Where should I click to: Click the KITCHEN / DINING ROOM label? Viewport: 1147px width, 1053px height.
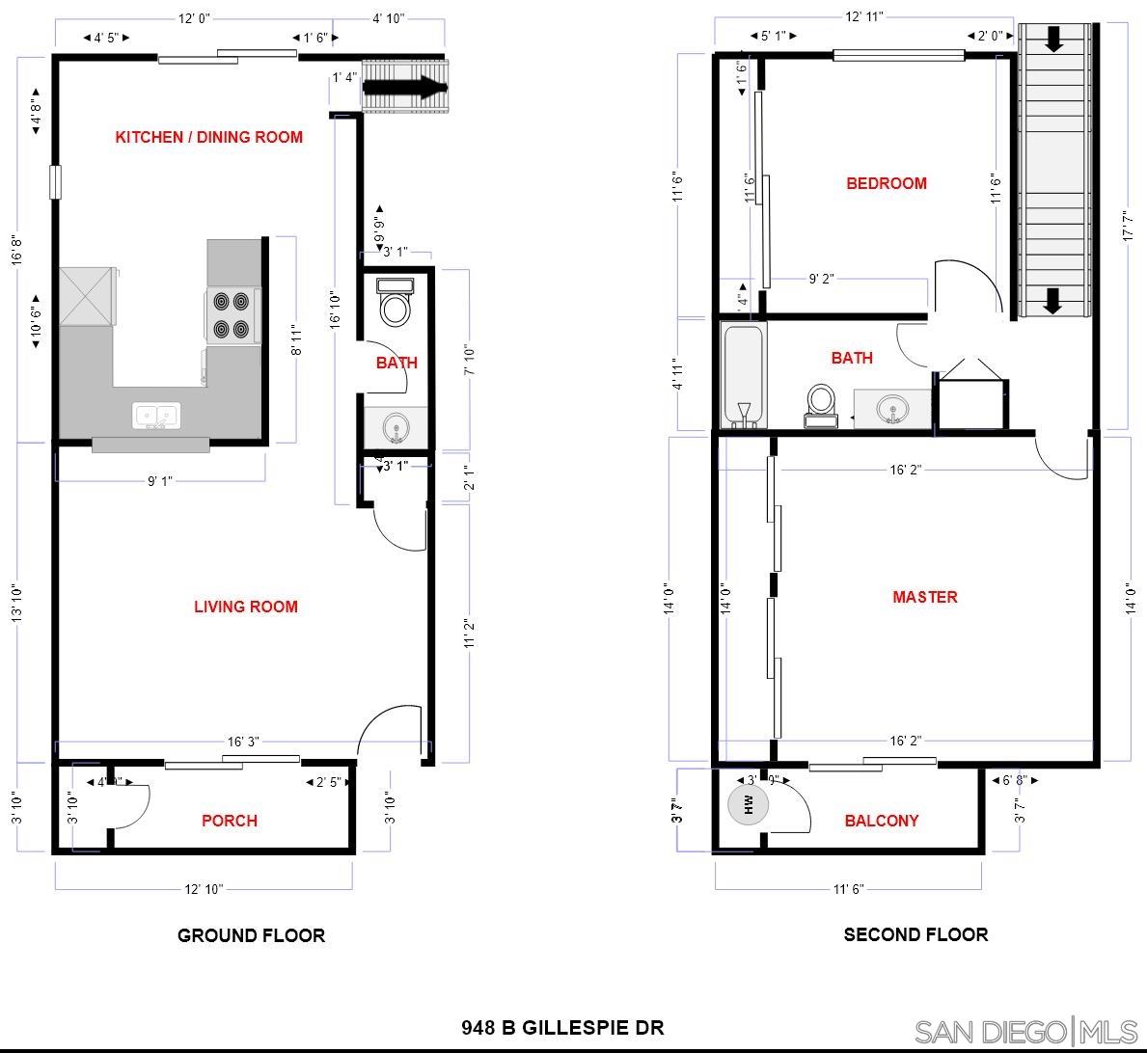(x=208, y=137)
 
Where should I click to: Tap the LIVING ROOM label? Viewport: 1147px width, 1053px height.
(x=246, y=607)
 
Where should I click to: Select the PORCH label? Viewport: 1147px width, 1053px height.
(x=230, y=821)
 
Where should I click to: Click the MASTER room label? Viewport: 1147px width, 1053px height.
(x=924, y=597)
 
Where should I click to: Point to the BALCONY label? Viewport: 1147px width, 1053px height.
(x=881, y=821)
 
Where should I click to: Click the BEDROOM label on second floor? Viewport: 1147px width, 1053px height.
(x=886, y=183)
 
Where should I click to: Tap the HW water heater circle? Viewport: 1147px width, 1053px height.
(x=749, y=802)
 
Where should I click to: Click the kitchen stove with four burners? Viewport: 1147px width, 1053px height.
(x=232, y=315)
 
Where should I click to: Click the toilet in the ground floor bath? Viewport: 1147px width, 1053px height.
(x=396, y=304)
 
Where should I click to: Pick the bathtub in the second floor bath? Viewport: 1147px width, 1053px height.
(x=744, y=376)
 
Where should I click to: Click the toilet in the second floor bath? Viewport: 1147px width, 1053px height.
(x=822, y=404)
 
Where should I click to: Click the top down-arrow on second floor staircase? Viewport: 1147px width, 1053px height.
(x=1053, y=40)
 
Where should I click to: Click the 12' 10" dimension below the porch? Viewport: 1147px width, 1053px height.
(x=204, y=889)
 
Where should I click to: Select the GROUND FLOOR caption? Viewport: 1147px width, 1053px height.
(x=251, y=935)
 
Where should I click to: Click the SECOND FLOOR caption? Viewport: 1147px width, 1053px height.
(x=915, y=934)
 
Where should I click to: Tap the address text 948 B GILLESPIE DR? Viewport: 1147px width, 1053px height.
(x=562, y=1027)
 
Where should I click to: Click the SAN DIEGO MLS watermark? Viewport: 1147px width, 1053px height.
(x=1026, y=1031)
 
